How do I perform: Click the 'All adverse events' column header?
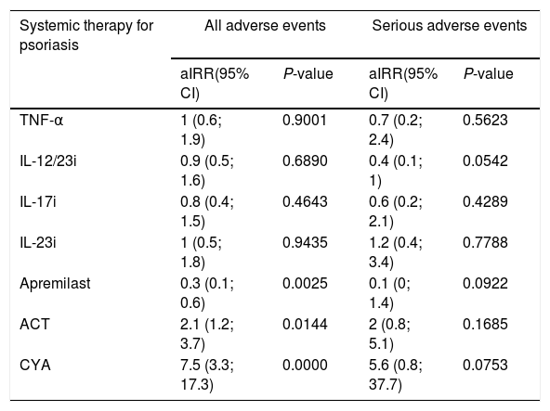[265, 26]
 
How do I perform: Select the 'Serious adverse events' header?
[450, 26]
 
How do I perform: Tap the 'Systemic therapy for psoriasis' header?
[86, 35]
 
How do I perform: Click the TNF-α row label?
[42, 121]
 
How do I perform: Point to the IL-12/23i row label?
[48, 161]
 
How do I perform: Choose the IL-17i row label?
[38, 202]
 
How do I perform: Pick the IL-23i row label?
[38, 242]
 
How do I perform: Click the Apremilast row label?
[55, 284]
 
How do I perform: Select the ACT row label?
[34, 324]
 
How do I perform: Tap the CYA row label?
[35, 365]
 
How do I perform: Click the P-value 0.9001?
[305, 121]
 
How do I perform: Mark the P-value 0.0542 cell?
[485, 161]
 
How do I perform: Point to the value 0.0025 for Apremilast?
[305, 284]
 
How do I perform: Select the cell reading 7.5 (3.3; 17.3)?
[207, 375]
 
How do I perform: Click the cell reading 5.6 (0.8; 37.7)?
[396, 375]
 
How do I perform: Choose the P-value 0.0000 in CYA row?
[305, 365]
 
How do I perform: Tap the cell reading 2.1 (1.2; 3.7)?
[207, 334]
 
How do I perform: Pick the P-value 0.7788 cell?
[485, 242]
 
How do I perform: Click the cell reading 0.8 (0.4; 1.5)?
[207, 212]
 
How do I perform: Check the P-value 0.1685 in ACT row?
[485, 324]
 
